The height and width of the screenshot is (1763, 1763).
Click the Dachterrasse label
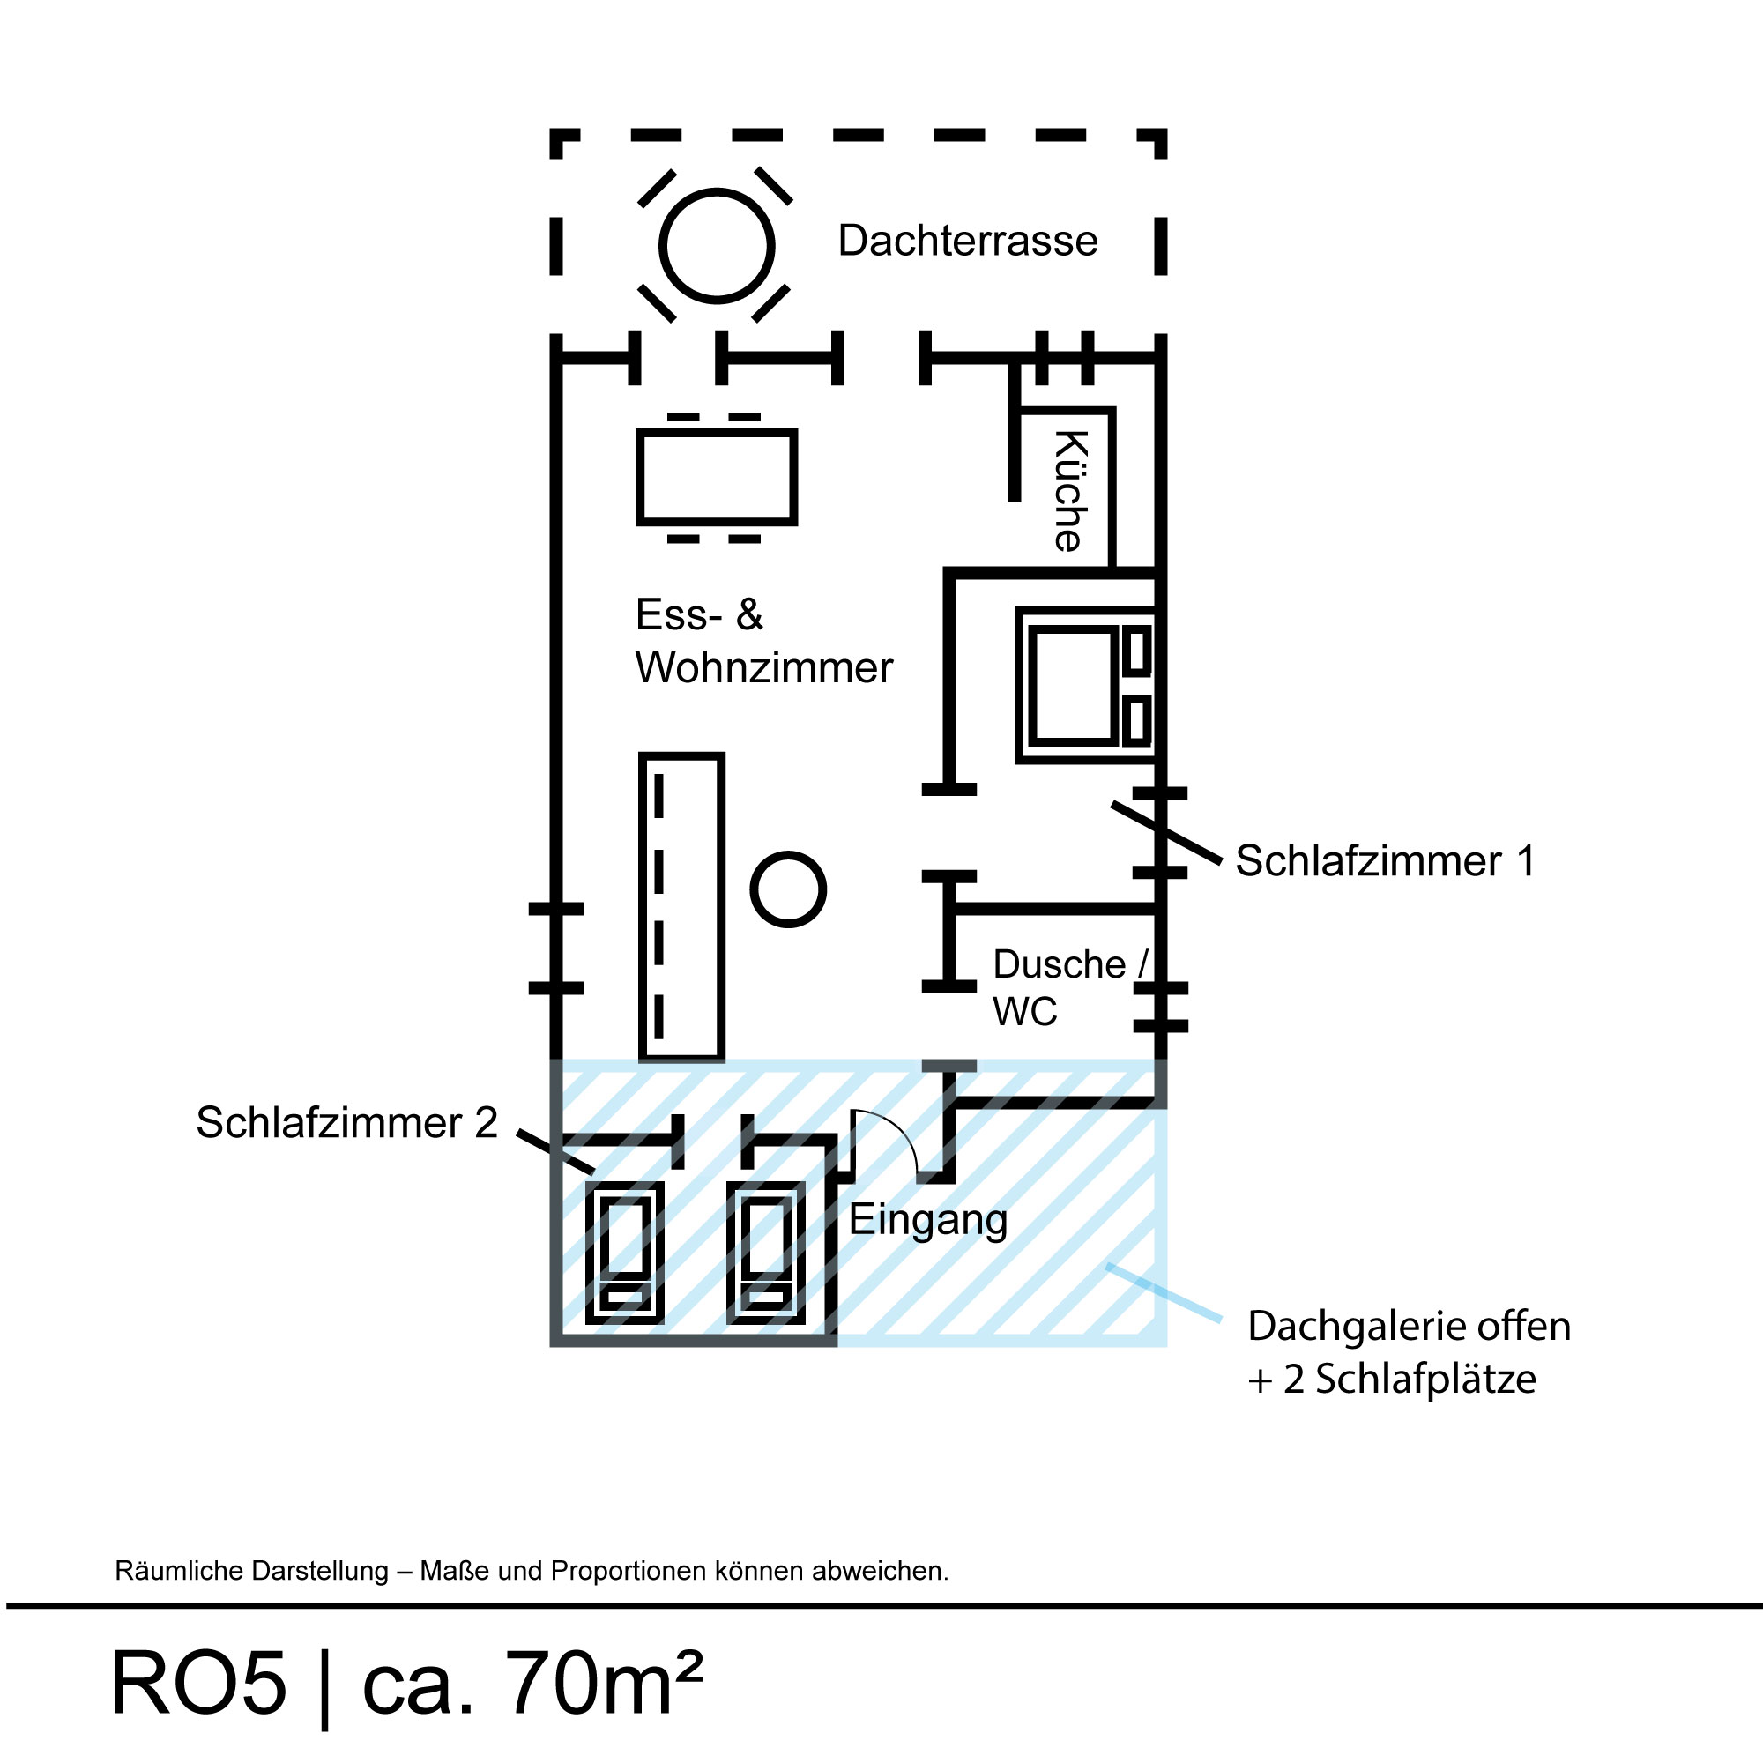click(967, 241)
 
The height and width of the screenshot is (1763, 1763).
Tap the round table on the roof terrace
click(717, 245)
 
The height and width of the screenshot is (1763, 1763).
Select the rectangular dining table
click(717, 477)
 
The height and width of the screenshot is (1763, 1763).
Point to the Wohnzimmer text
click(763, 668)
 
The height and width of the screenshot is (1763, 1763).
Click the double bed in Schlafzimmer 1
click(1084, 684)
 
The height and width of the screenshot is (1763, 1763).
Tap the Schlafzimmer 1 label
click(1384, 860)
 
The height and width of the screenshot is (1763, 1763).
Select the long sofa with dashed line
click(681, 907)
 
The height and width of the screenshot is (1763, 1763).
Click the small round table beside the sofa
click(787, 889)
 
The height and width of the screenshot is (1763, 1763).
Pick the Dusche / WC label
click(1067, 987)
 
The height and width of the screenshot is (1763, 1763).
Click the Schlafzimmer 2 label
click(346, 1122)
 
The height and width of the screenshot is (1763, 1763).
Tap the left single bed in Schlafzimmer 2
click(625, 1252)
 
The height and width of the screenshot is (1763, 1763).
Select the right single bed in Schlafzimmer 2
click(766, 1252)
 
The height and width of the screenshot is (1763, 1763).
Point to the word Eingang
click(928, 1220)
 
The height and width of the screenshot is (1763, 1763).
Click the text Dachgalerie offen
click(1409, 1327)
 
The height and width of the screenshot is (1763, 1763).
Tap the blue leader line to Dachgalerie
click(1164, 1292)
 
